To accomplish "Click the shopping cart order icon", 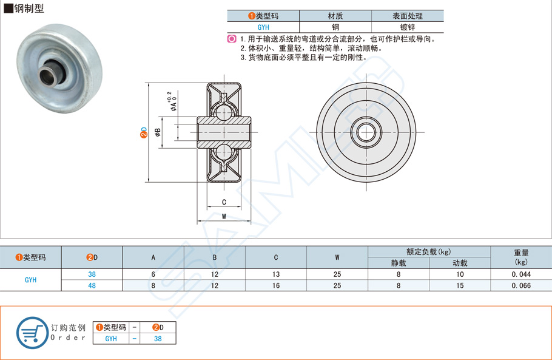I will point(32,332).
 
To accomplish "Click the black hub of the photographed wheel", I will point(49,75).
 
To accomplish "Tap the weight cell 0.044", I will point(521,274).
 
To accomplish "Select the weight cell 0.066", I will point(521,285).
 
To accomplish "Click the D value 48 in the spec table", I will point(92,285).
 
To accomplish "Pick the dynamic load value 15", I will point(460,285).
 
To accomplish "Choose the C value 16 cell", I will point(276,285).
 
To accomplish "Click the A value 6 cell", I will point(153,274).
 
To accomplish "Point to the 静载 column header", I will point(399,263).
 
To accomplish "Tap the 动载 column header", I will point(460,263).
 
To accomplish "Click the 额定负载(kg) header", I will point(429,252).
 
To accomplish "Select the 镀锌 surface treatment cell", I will point(407,27).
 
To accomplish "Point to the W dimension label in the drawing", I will point(224,216).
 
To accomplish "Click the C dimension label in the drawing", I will point(224,202).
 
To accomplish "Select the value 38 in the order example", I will point(158,339).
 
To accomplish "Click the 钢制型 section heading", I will point(24,8).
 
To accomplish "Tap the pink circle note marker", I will point(231,39).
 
